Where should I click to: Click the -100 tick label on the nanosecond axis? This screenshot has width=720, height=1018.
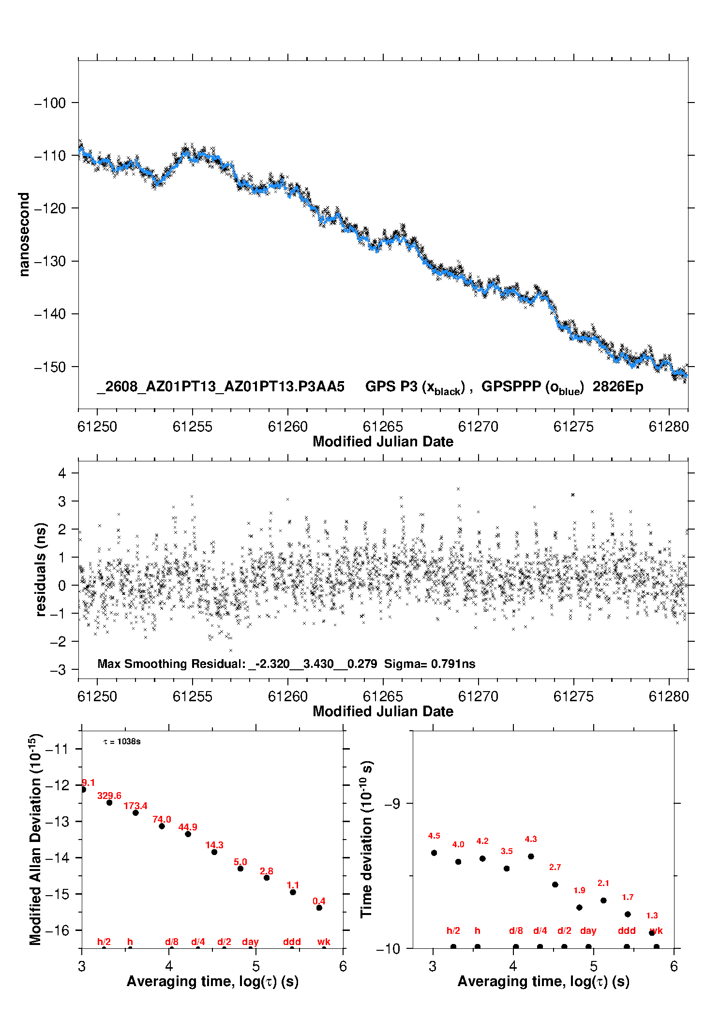(x=50, y=103)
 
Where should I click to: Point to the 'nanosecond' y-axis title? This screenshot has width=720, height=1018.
(x=24, y=235)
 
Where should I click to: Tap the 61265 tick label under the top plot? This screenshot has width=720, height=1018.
(x=383, y=427)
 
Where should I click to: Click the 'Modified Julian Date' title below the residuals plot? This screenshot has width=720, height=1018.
(x=383, y=711)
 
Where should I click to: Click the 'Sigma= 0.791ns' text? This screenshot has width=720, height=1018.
(x=430, y=664)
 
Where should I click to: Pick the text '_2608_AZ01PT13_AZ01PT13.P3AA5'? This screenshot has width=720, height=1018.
(x=221, y=387)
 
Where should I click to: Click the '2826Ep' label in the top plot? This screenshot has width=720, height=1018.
(x=618, y=387)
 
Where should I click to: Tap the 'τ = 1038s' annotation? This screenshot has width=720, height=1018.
(x=122, y=742)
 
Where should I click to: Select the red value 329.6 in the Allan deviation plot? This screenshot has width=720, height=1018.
(x=109, y=796)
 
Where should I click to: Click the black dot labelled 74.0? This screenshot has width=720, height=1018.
(x=162, y=826)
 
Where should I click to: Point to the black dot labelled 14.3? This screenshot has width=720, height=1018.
(x=214, y=852)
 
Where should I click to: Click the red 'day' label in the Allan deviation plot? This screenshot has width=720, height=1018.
(x=250, y=942)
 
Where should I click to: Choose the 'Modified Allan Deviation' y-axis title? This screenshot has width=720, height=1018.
(x=35, y=840)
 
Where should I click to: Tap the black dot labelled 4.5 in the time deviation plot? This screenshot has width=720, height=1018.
(x=434, y=853)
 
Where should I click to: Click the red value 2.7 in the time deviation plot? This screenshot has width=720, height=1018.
(x=555, y=867)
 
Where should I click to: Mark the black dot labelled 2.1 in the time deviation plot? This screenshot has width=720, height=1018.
(x=603, y=900)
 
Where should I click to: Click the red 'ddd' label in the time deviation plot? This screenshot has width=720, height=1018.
(x=627, y=930)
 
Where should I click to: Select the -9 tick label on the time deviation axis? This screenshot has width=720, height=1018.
(x=392, y=803)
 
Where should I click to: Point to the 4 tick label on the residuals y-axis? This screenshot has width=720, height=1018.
(x=62, y=473)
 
